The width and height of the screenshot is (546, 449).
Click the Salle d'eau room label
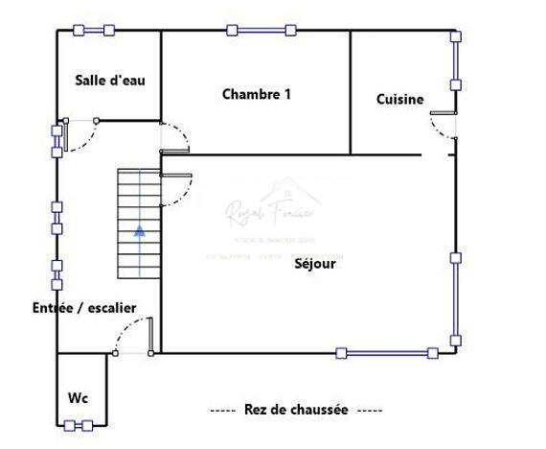[x=109, y=81]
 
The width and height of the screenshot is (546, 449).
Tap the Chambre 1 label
[x=256, y=94]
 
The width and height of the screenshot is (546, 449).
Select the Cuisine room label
[x=399, y=99]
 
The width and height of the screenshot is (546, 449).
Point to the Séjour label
[x=315, y=264]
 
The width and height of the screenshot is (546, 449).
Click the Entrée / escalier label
[x=84, y=308]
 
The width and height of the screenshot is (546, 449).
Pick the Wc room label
[x=78, y=397]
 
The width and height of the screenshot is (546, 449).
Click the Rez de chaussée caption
[x=296, y=410]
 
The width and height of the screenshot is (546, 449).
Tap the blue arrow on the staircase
[x=140, y=230]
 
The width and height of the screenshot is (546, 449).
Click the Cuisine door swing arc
[x=443, y=125]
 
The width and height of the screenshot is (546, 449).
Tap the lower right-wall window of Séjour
[x=456, y=298]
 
